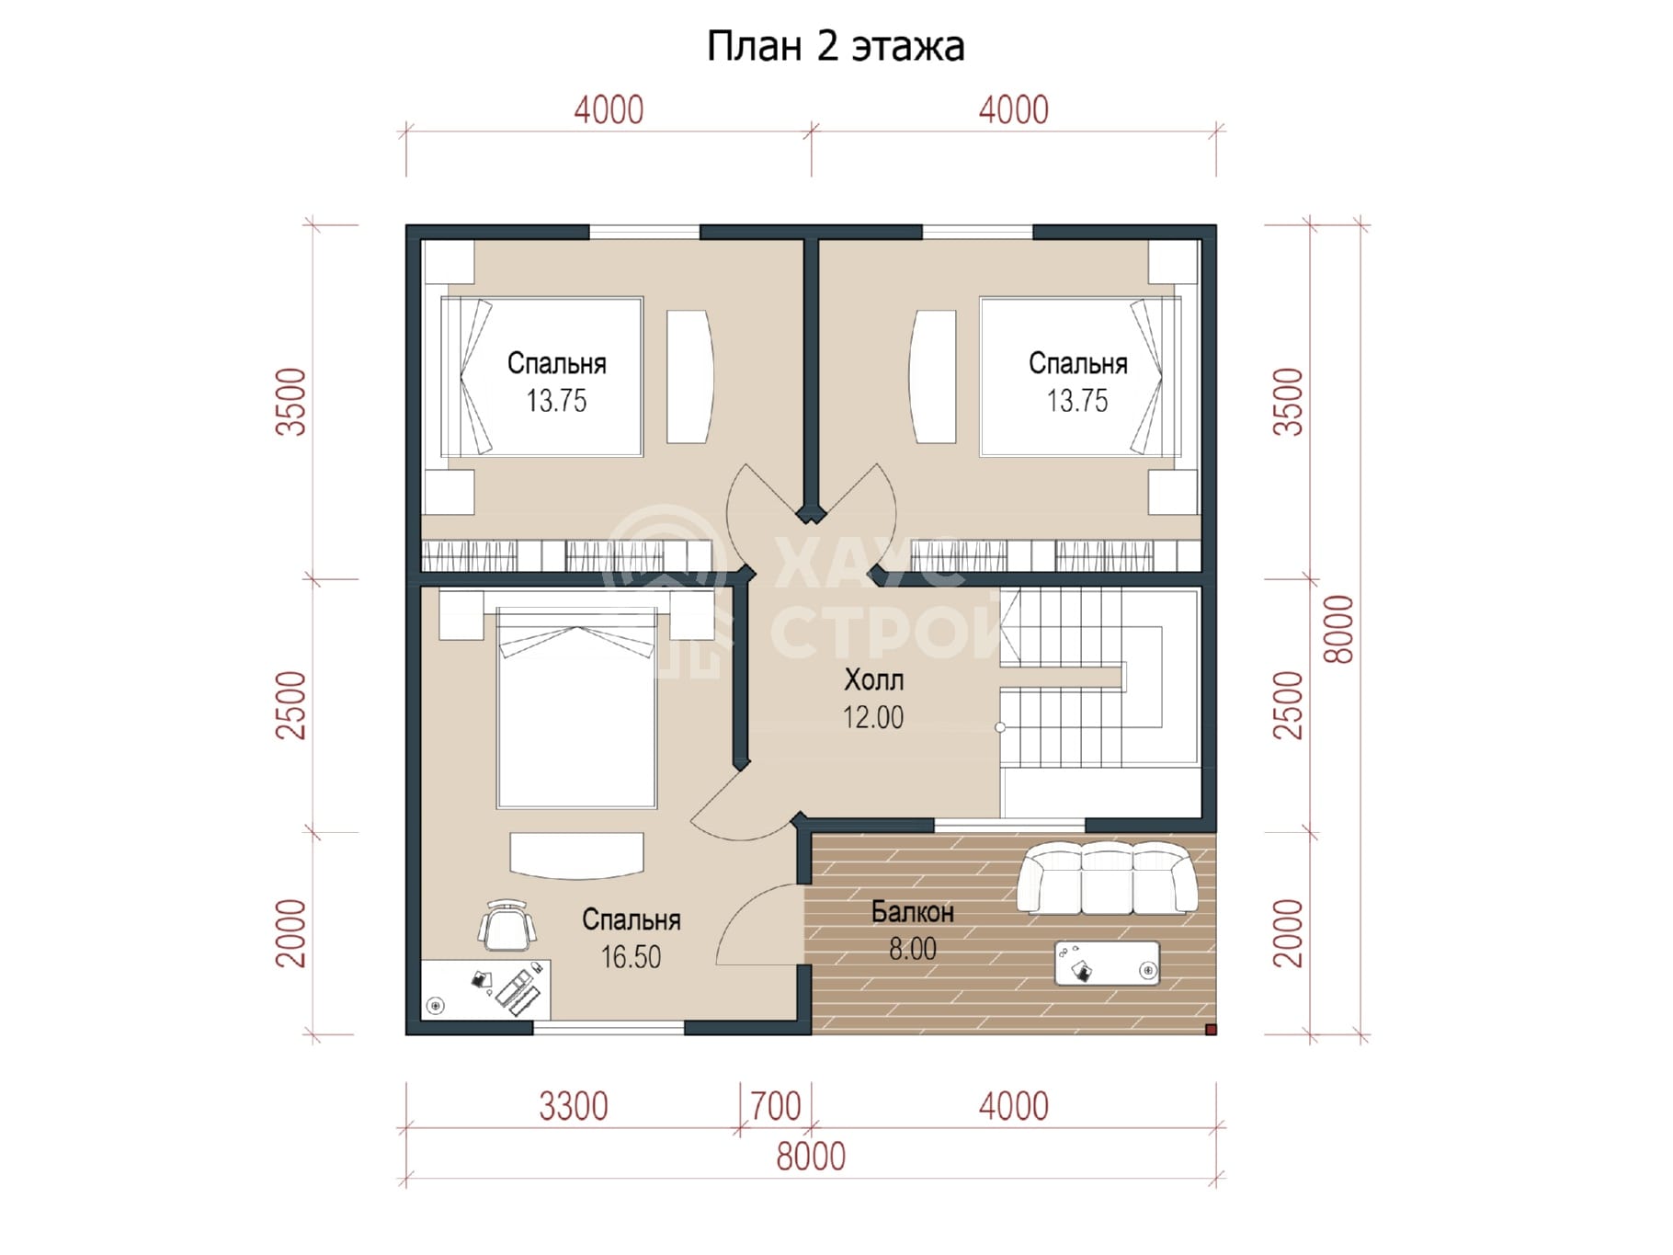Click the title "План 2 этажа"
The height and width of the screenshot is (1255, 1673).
click(835, 47)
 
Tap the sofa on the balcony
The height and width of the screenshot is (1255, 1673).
click(1107, 878)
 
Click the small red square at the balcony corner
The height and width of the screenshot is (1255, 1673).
click(1211, 1030)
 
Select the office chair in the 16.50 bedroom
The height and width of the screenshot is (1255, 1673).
click(506, 925)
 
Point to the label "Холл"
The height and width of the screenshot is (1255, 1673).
click(873, 680)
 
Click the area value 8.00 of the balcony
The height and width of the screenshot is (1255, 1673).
click(912, 949)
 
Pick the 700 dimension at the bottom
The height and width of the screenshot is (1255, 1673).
click(775, 1106)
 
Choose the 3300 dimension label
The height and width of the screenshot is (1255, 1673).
click(573, 1106)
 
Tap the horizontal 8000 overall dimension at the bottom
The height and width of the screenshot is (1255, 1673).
click(810, 1157)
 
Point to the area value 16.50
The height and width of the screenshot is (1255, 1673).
click(631, 957)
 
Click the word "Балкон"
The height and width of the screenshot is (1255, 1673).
click(912, 912)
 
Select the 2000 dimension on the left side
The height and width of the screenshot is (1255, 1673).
click(291, 933)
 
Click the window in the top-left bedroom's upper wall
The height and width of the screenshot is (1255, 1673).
click(644, 232)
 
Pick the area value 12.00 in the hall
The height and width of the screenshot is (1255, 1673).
click(873, 717)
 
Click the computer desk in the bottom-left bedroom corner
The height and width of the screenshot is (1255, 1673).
click(485, 989)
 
